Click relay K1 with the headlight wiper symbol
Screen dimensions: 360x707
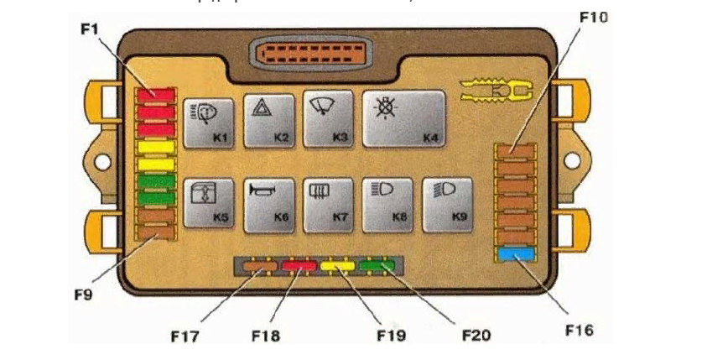[x=209, y=120]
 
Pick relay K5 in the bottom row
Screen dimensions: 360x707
[x=209, y=204]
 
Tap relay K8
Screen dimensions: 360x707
[x=388, y=204]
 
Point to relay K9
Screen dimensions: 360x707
[x=449, y=204]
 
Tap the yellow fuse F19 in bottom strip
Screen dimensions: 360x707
[x=337, y=269]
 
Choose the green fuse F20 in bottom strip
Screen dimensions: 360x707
[x=377, y=269]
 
